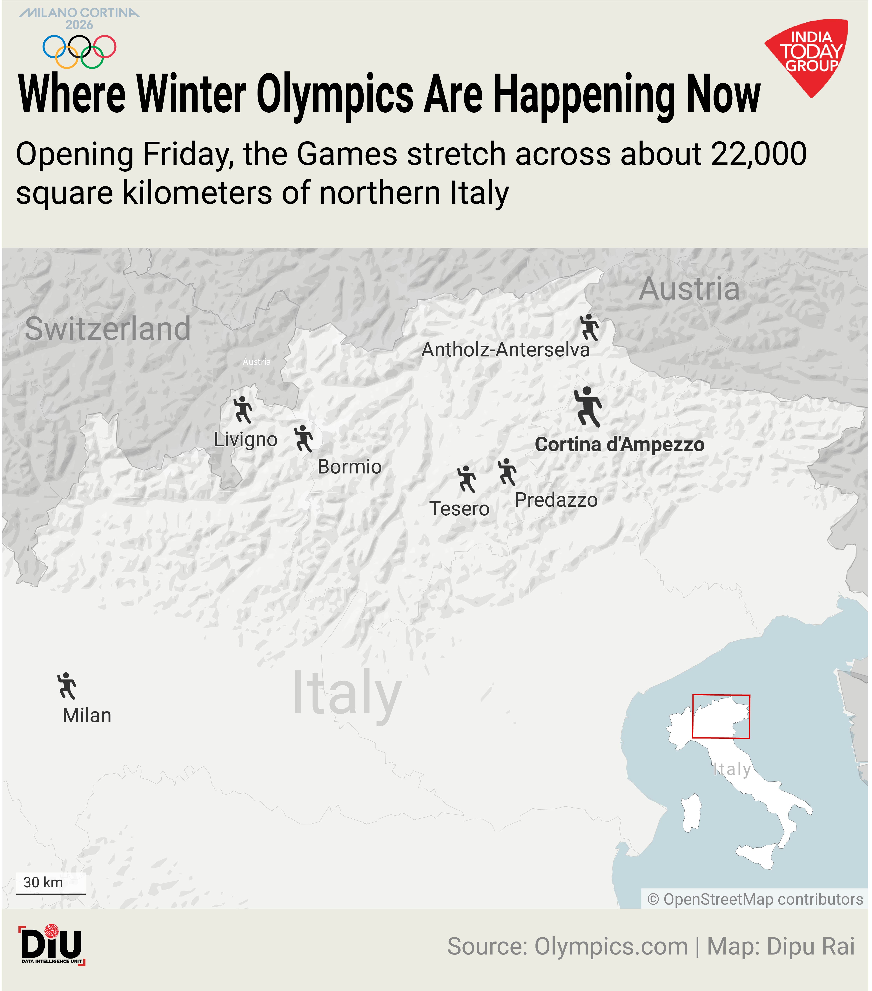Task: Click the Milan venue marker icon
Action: (x=67, y=686)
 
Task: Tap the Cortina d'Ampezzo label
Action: (x=619, y=445)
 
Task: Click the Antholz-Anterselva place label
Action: (x=505, y=350)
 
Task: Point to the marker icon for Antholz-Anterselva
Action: (x=589, y=327)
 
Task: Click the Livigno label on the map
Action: (x=245, y=439)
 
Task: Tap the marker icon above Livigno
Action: (x=243, y=410)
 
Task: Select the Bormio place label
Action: (x=349, y=466)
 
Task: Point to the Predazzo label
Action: (x=556, y=500)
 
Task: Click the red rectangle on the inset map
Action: (x=721, y=717)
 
